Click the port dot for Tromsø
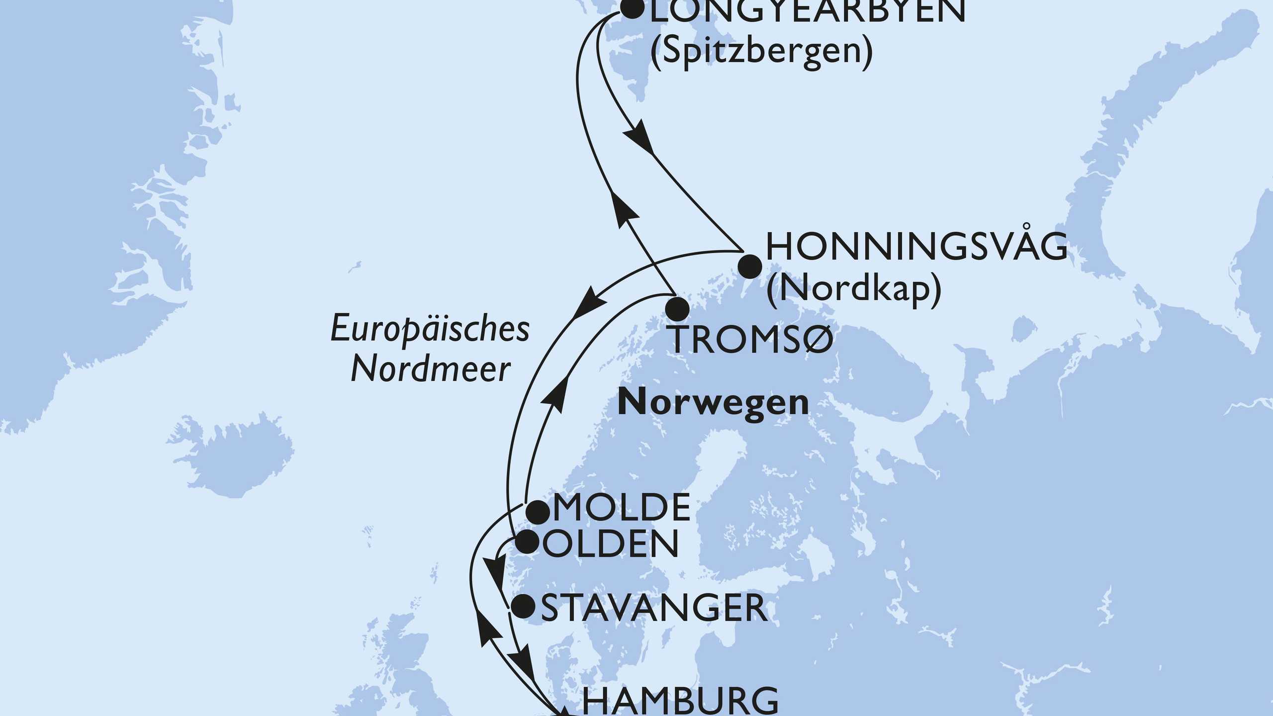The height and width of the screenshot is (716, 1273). (x=677, y=309)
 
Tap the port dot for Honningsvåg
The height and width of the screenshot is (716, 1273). (x=749, y=267)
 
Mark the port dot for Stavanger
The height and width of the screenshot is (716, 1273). (x=523, y=607)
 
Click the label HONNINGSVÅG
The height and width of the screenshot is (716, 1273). (x=916, y=247)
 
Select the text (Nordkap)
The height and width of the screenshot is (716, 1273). (x=853, y=289)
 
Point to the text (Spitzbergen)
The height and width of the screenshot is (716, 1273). (x=761, y=51)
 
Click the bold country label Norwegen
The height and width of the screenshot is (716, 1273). (x=713, y=403)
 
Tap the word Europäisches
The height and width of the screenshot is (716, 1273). (x=430, y=330)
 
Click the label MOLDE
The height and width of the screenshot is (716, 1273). (x=622, y=508)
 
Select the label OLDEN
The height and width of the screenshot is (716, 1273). (x=611, y=544)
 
